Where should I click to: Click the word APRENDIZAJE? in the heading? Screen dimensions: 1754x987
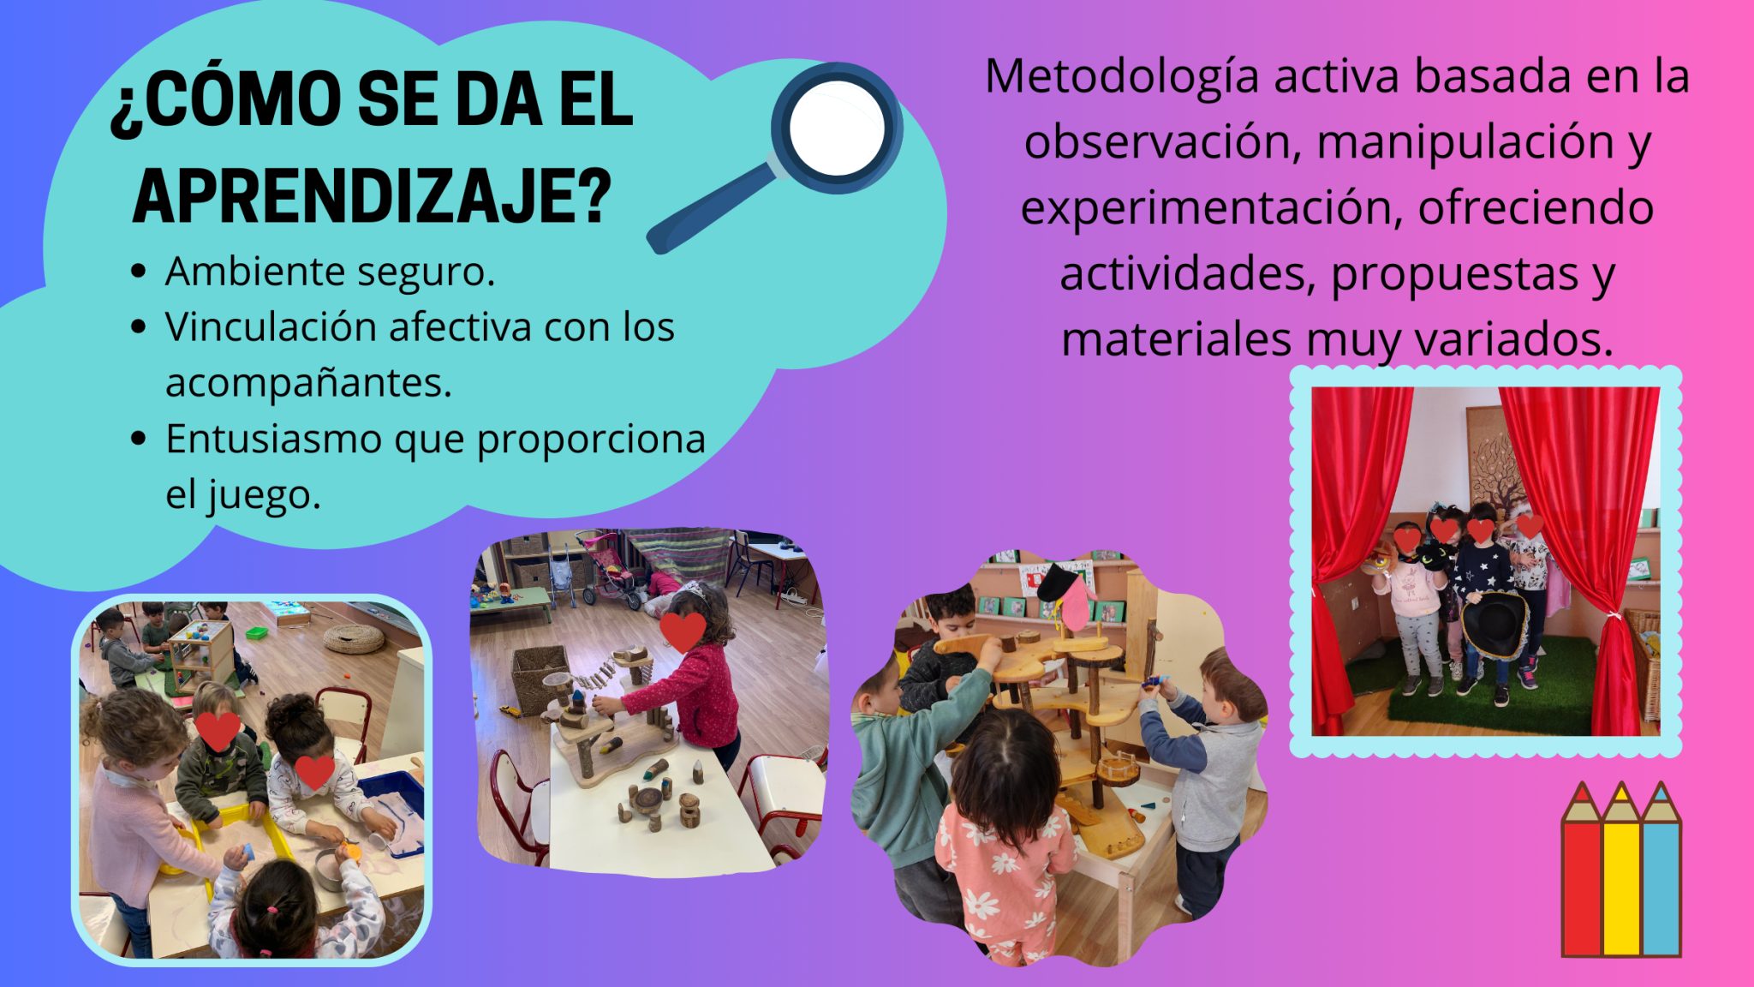tap(373, 196)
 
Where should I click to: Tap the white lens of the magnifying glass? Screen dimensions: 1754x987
tap(837, 129)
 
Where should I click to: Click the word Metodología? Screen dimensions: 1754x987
tap(1122, 78)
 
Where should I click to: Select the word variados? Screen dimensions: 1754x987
tap(1513, 340)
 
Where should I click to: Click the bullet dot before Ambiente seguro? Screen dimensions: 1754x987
tap(139, 272)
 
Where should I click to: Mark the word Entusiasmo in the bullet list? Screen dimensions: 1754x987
tap(273, 440)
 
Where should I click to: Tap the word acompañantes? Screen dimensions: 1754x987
tap(308, 384)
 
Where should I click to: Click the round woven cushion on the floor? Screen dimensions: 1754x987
tap(355, 638)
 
